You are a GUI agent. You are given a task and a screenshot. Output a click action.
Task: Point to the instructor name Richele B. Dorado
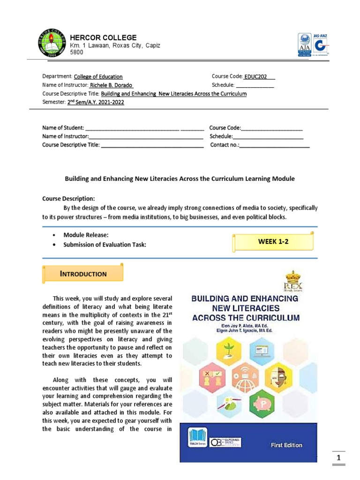pos(112,85)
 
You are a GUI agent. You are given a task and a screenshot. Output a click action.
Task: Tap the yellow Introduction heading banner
pos(83,274)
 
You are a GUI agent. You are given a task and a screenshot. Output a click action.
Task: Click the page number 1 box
pos(339,457)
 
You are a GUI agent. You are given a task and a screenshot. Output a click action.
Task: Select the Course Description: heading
pos(68,198)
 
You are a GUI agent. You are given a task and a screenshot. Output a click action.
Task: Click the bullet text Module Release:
pos(82,235)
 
